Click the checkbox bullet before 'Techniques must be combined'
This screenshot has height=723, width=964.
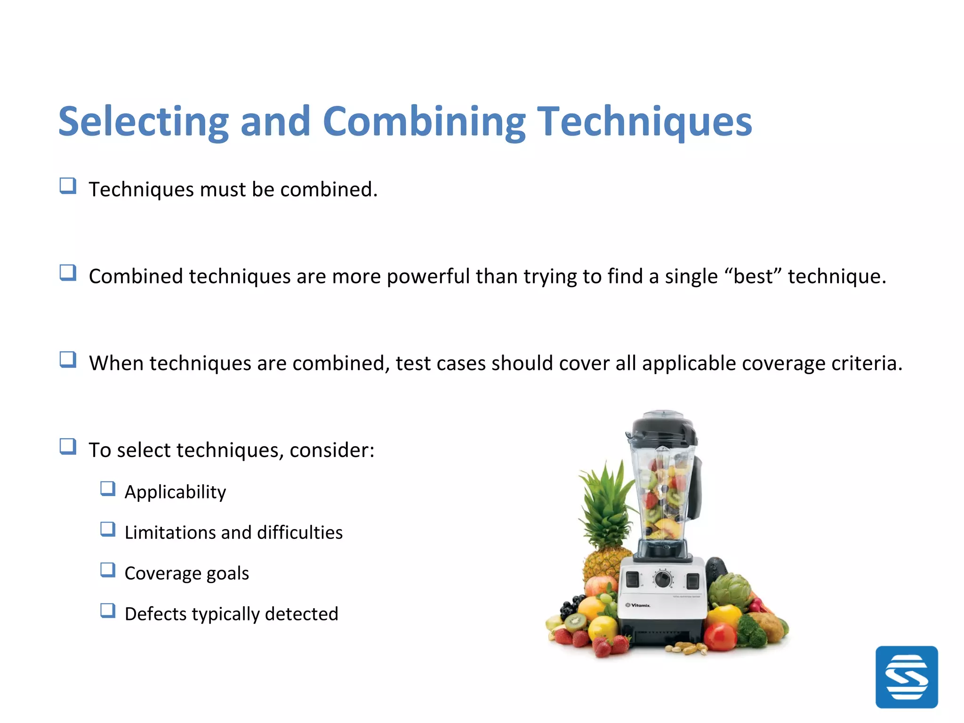click(68, 186)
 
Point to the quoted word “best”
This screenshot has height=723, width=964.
click(753, 276)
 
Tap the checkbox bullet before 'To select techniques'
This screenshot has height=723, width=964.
click(68, 446)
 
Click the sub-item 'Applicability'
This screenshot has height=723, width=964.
click(175, 492)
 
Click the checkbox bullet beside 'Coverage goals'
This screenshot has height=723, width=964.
click(108, 570)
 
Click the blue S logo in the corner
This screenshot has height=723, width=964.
click(906, 677)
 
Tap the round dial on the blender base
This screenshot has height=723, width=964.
click(663, 579)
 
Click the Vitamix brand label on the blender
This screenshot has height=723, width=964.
click(638, 605)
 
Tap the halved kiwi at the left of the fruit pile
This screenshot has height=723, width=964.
click(575, 622)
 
